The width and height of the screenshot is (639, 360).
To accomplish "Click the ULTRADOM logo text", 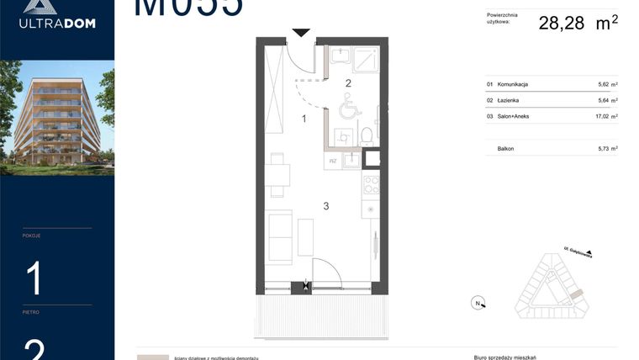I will pyautogui.click(x=57, y=23).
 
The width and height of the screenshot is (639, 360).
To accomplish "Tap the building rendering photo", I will pyautogui.click(x=57, y=118).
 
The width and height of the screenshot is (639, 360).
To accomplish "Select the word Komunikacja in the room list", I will pyautogui.click(x=513, y=84).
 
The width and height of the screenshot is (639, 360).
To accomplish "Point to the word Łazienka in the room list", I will pyautogui.click(x=509, y=100).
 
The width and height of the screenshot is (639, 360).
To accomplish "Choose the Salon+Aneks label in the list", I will pyautogui.click(x=514, y=117).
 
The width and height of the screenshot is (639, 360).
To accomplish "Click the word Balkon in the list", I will pyautogui.click(x=505, y=149).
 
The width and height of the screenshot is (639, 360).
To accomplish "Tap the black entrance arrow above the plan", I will pyautogui.click(x=301, y=33).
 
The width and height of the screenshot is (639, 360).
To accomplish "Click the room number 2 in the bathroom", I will pyautogui.click(x=347, y=82).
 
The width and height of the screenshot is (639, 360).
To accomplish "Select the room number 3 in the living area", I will pyautogui.click(x=325, y=205).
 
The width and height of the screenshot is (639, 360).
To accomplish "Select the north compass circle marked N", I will pyautogui.click(x=477, y=304).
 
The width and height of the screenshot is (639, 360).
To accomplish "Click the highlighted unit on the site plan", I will pyautogui.click(x=577, y=294).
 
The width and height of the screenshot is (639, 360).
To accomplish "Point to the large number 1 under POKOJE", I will pyautogui.click(x=34, y=278).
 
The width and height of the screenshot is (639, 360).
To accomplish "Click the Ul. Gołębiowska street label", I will pyautogui.click(x=578, y=250).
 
